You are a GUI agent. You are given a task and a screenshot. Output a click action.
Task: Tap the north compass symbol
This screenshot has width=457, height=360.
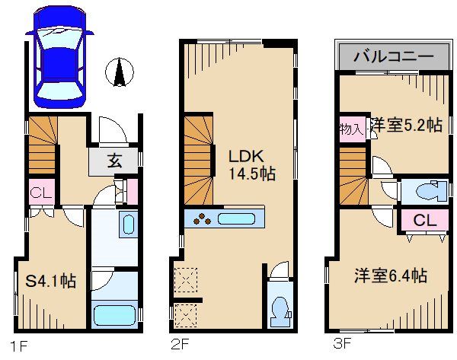tap(120, 72)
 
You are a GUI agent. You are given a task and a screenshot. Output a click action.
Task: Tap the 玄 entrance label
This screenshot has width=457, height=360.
tap(113, 161)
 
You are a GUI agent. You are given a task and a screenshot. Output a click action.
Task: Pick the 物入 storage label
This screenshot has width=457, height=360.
tap(350, 129)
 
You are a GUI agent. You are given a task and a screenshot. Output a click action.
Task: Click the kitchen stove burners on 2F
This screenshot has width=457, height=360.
tap(203, 219)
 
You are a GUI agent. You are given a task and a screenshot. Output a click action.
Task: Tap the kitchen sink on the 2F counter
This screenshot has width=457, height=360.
tap(238, 219)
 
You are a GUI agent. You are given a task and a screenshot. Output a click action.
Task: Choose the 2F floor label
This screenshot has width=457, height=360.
tap(180, 346)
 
